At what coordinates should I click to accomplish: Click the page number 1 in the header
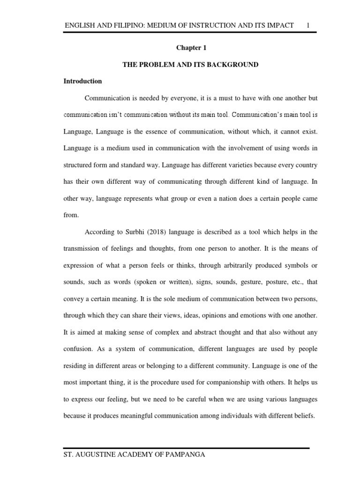tap(308, 24)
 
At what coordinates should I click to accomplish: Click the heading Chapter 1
tap(191, 48)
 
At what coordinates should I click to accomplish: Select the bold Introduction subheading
tap(82, 81)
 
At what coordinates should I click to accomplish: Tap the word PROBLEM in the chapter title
tap(158, 65)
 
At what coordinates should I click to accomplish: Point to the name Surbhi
tap(132, 232)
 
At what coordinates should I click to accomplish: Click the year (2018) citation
tap(156, 232)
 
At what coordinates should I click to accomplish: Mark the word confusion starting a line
tap(78, 349)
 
